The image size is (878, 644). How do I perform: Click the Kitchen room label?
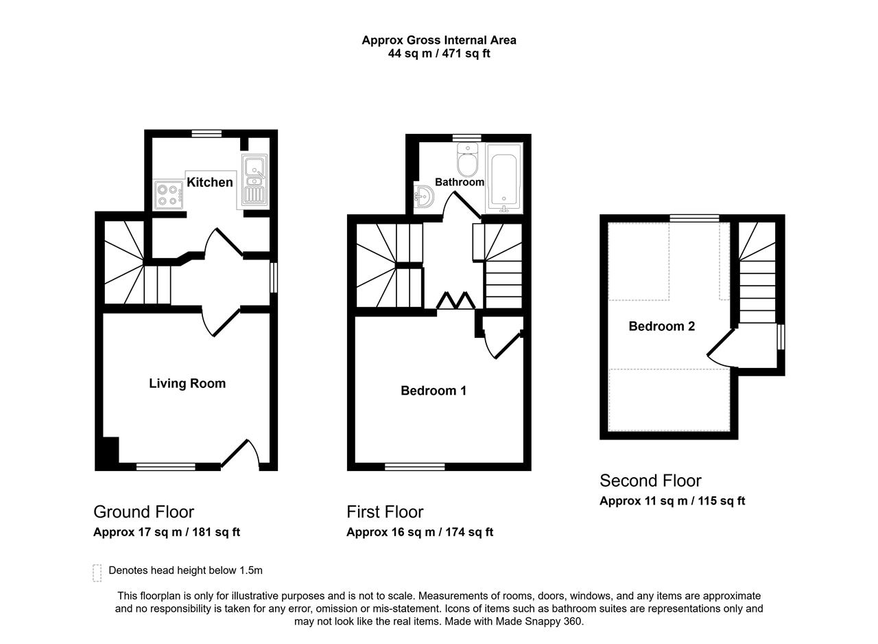pyautogui.click(x=210, y=182)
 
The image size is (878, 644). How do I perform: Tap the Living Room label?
pyautogui.click(x=187, y=383)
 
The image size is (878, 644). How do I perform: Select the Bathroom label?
pyautogui.click(x=460, y=182)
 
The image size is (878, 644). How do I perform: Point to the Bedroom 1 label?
pyautogui.click(x=434, y=390)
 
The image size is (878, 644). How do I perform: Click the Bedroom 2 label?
pyautogui.click(x=662, y=326)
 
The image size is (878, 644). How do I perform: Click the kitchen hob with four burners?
pyautogui.click(x=169, y=195)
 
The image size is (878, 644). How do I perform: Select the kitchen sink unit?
pyautogui.click(x=254, y=181)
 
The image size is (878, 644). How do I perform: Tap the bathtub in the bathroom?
pyautogui.click(x=503, y=178)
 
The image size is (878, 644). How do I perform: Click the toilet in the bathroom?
pyautogui.click(x=468, y=160)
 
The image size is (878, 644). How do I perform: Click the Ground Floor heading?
pyautogui.click(x=144, y=511)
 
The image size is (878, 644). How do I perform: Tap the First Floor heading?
pyautogui.click(x=385, y=511)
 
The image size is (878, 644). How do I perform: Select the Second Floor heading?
pyautogui.click(x=651, y=481)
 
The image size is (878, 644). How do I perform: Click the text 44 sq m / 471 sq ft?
pyautogui.click(x=439, y=54)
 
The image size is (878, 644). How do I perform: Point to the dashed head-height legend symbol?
pyautogui.click(x=97, y=573)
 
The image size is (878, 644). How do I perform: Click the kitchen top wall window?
pyautogui.click(x=206, y=134)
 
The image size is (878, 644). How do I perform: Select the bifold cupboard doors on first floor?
pyautogui.click(x=456, y=301)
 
